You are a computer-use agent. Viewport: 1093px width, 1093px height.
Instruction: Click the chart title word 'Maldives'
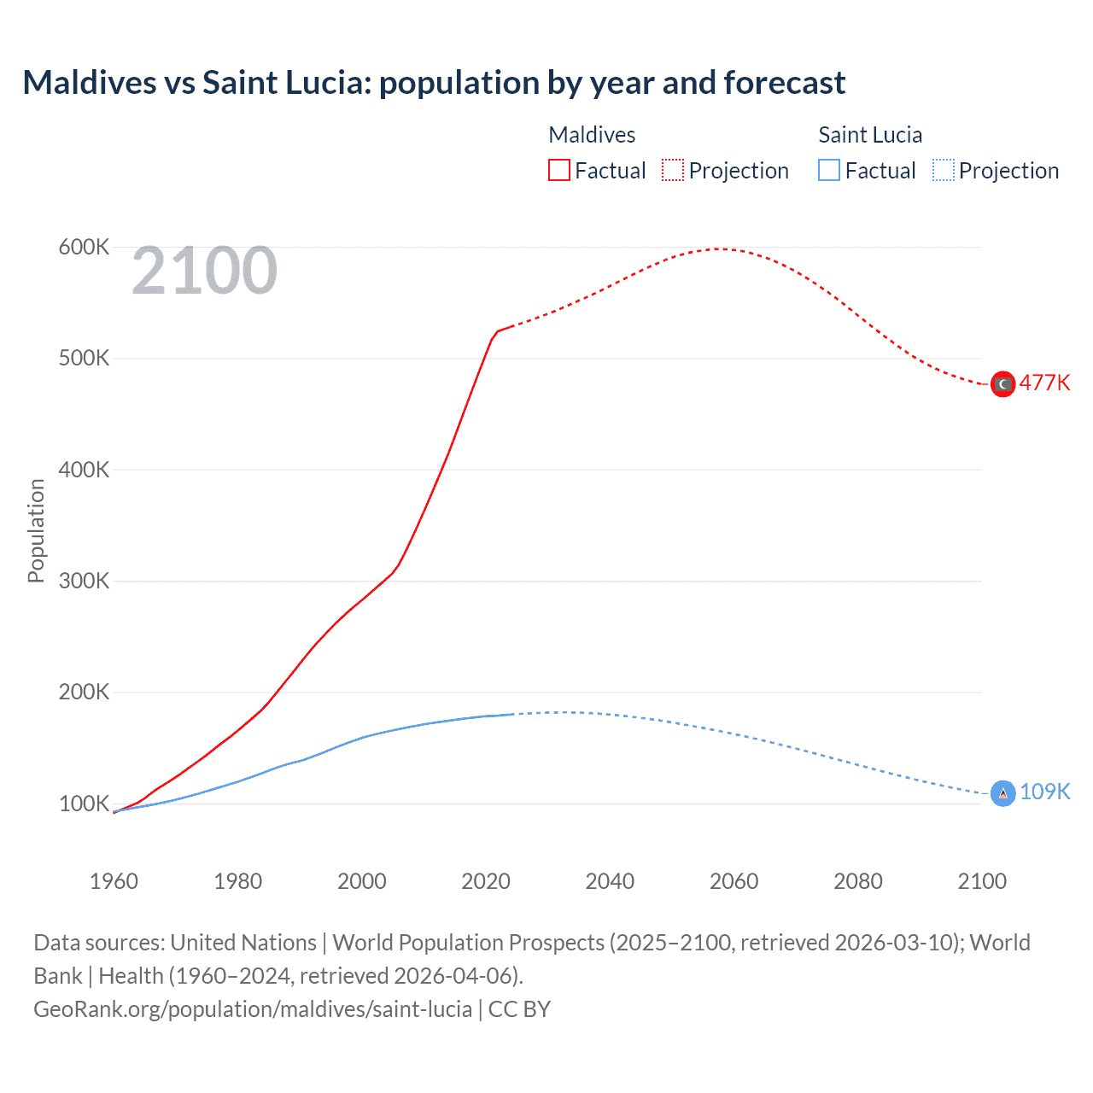(x=90, y=83)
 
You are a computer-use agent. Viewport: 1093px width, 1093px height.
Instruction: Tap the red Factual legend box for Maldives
(x=558, y=171)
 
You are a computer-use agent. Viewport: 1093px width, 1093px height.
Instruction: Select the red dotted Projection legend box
(x=673, y=171)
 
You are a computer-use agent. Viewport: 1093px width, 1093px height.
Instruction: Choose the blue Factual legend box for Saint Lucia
(x=829, y=171)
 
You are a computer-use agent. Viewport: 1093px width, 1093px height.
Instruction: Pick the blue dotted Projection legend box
(x=944, y=171)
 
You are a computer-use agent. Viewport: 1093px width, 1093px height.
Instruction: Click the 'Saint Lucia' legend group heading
(x=870, y=135)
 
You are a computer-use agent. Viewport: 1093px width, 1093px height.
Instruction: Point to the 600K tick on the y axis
(x=84, y=248)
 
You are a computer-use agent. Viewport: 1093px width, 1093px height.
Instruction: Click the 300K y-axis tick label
(x=84, y=582)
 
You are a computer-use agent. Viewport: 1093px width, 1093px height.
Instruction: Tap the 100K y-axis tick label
(x=84, y=804)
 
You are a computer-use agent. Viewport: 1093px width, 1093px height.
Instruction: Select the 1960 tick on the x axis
(x=114, y=881)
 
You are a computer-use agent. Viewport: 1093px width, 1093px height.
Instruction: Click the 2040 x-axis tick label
(x=610, y=881)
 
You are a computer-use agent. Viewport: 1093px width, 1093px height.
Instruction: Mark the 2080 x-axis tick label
(x=857, y=881)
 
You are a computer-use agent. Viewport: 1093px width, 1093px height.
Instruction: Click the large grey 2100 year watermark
(x=204, y=271)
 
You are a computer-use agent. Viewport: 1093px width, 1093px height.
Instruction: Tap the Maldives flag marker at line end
(x=1002, y=384)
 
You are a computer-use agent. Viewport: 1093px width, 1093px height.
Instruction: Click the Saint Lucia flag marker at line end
(x=1002, y=794)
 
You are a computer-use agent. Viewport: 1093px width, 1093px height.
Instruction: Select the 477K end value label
(x=1044, y=383)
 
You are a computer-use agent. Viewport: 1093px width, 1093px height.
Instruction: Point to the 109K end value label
(x=1044, y=792)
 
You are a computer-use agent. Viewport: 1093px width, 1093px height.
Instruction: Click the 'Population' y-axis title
(x=36, y=530)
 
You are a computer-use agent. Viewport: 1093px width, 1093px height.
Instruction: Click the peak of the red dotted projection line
(x=718, y=248)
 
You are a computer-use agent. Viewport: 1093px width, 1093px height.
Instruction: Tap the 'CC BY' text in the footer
(x=519, y=1009)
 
